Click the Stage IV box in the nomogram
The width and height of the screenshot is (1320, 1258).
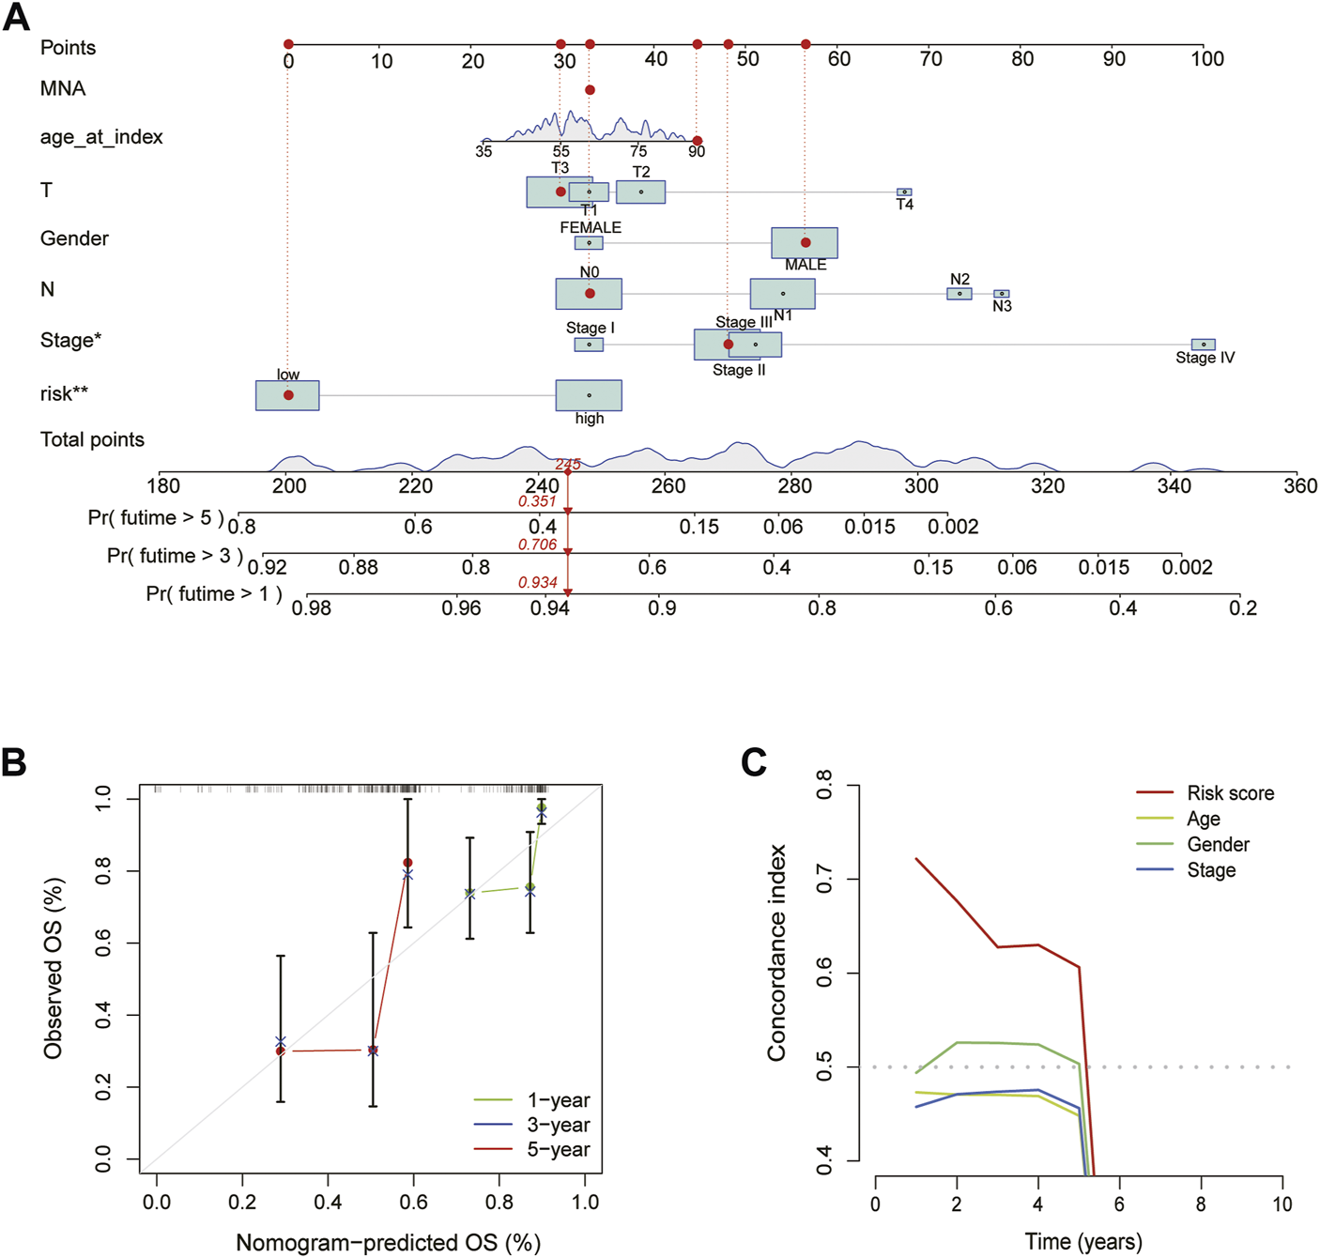pos(1203,345)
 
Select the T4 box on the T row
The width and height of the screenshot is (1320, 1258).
pos(904,192)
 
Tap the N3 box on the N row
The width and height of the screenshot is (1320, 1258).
pos(1002,294)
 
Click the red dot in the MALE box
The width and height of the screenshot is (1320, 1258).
pos(806,242)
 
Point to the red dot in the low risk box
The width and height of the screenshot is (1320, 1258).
pos(288,395)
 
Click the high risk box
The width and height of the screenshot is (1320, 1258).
pos(589,395)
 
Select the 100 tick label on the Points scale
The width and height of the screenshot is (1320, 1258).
pos(1207,59)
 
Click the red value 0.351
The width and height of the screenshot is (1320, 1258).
pos(537,501)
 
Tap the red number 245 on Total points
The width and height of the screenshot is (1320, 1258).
pos(567,464)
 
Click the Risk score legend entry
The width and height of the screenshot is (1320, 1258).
pos(1230,793)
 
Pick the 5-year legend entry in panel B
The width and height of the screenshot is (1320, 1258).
pos(559,1149)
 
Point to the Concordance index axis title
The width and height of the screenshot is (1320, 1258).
pos(776,953)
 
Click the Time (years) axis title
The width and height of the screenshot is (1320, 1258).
pos(1083,1242)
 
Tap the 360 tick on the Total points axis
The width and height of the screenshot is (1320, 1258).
pos(1300,486)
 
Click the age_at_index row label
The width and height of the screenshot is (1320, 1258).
pos(101,137)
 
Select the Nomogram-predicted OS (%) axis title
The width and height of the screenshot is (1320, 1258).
pos(388,1243)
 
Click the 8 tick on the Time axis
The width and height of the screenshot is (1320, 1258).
pos(1201,1204)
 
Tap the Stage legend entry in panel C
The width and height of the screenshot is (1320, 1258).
pos(1211,870)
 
